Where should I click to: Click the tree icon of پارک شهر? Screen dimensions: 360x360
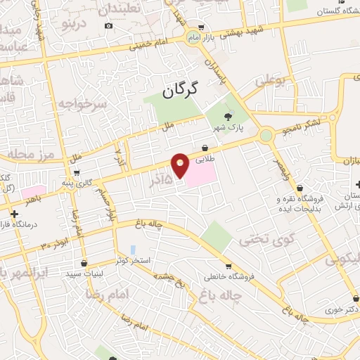(x=226, y=117)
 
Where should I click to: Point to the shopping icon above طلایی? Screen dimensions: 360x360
(x=205, y=148)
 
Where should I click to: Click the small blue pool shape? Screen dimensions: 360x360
(x=132, y=250)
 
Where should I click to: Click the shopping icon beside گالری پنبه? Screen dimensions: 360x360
(x=76, y=172)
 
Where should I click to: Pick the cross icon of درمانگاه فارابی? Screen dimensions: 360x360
(x=14, y=212)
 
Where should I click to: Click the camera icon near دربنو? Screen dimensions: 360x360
(x=108, y=26)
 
